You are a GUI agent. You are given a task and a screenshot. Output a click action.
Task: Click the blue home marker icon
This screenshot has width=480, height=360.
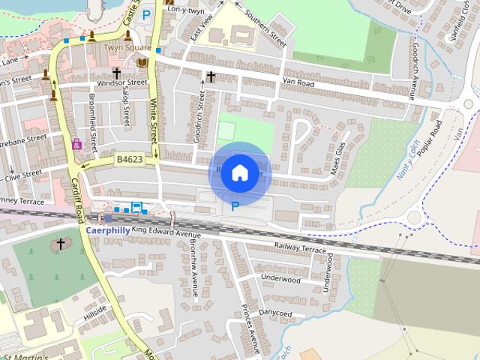tap(239, 172)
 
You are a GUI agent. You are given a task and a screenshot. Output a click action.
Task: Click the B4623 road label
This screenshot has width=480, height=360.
tap(129, 159)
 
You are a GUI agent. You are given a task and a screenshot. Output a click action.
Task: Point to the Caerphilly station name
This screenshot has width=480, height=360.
tap(107, 230)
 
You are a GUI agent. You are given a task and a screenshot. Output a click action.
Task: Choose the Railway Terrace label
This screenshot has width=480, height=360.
tap(300, 248)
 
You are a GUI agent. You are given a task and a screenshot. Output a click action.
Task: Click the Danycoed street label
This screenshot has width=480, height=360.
tap(275, 310)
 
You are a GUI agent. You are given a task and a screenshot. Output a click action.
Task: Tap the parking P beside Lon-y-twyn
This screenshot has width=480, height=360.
tap(146, 13)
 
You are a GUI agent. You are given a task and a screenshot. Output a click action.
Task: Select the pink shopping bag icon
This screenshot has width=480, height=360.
tap(76, 143)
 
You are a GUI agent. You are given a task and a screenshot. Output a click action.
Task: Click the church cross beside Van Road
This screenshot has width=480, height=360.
tap(211, 76)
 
